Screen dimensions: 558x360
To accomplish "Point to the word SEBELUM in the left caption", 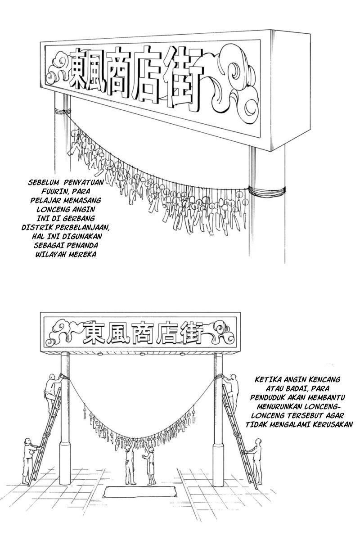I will [x=43, y=181].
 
